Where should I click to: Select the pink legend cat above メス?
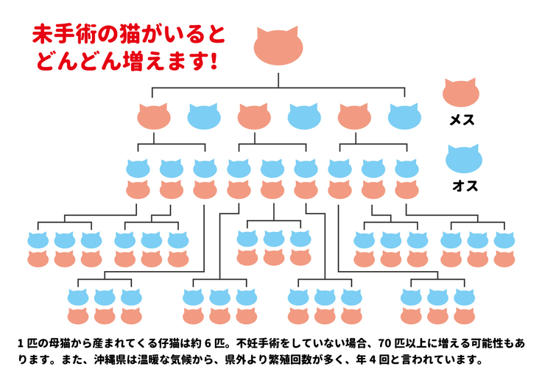pos(461,94)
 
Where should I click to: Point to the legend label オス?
pos(465,186)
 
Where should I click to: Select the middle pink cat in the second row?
pos(254,116)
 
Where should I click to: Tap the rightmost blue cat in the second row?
pos(404,116)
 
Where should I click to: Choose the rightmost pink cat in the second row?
pos(354,116)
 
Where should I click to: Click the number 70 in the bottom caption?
pos(385,343)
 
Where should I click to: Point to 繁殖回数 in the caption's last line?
pos(330,361)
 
